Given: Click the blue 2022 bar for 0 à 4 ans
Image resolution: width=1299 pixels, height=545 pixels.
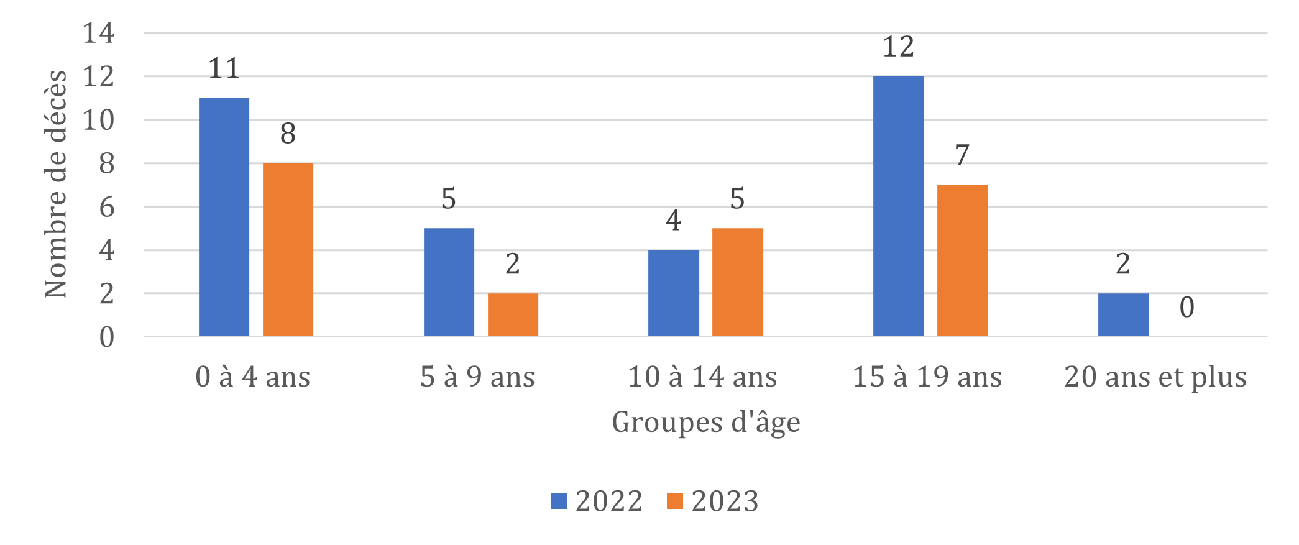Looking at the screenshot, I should (224, 217).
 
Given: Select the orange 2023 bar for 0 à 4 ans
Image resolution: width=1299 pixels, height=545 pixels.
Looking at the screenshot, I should (288, 249).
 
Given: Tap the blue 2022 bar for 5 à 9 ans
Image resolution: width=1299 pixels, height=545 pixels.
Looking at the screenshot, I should (449, 282).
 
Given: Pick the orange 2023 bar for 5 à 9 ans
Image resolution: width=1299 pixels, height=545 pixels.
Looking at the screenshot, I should (513, 314).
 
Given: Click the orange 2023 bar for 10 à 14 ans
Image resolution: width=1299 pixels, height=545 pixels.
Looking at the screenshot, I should (738, 282).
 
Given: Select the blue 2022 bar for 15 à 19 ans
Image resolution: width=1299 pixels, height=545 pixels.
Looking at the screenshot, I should (898, 206).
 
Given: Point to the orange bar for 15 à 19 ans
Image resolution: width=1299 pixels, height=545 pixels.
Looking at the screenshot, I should (962, 260).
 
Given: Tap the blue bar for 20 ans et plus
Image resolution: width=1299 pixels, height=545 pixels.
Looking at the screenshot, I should (1123, 314).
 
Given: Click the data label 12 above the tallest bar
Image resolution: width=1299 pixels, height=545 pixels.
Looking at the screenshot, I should (898, 47).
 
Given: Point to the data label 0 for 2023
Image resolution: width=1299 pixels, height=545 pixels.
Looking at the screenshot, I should (1187, 308).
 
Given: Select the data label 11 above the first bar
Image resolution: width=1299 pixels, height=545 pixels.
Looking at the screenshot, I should (224, 68).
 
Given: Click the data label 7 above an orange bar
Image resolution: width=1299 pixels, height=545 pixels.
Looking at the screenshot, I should (962, 155).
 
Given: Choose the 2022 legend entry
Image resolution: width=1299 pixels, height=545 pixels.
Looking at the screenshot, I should (597, 501).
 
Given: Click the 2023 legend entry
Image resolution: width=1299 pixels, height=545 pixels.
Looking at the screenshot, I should (713, 501).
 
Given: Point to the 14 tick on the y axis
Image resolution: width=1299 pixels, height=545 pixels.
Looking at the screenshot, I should (99, 33).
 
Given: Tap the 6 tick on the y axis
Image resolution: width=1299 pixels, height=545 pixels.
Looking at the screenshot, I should (107, 207).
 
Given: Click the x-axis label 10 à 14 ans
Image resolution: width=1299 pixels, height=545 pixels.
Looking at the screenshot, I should (702, 377).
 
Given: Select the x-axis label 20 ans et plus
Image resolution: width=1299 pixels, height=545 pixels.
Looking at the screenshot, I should (1155, 377).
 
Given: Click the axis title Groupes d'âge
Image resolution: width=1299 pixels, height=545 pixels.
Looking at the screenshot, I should (705, 423).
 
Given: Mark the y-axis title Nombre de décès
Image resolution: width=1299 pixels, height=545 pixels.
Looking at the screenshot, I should (55, 184).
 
